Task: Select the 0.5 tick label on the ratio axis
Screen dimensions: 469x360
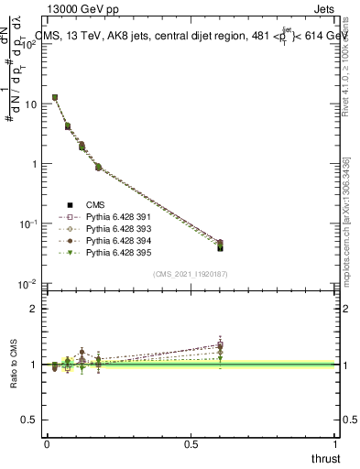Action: tap(30, 420)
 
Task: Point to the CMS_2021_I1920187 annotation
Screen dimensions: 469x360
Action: tap(190, 274)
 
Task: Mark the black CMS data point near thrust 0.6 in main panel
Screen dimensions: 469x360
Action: tap(220, 247)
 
